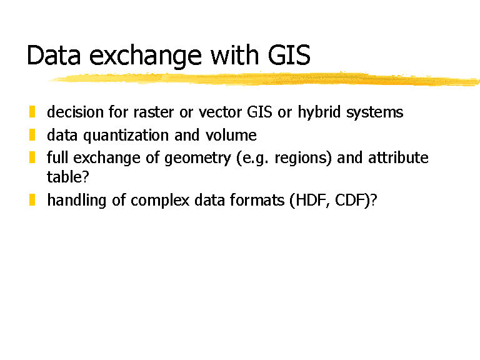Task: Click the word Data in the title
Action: coord(54,55)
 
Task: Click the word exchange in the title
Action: coord(146,57)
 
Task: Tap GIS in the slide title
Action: coord(289,55)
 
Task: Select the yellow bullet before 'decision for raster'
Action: coord(32,112)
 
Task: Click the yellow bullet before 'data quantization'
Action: coord(32,135)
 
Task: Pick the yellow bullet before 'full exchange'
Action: coord(32,157)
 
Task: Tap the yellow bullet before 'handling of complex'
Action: coord(32,200)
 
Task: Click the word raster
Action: coord(154,112)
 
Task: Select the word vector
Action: coord(220,112)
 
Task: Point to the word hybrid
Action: coord(319,112)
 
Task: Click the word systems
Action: coord(375,114)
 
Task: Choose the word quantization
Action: coord(126,136)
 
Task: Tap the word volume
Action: coord(231,135)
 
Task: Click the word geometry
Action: coord(197,159)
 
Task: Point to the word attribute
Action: coord(398,157)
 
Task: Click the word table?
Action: coord(67,177)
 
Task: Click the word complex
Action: coord(160,201)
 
